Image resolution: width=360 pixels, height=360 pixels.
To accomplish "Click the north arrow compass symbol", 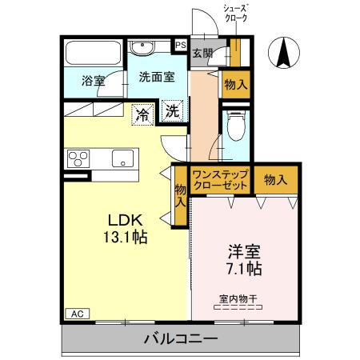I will (284, 53).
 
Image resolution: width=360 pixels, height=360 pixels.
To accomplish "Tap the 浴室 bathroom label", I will (94, 81).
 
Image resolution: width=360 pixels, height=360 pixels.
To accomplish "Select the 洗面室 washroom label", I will (156, 78).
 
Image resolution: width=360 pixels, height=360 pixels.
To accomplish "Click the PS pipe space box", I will (180, 46).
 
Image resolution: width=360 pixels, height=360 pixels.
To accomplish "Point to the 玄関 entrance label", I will (202, 53).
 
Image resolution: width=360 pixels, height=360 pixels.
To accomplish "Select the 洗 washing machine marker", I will (172, 112).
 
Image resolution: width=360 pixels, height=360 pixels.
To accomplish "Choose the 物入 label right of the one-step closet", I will (275, 179).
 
